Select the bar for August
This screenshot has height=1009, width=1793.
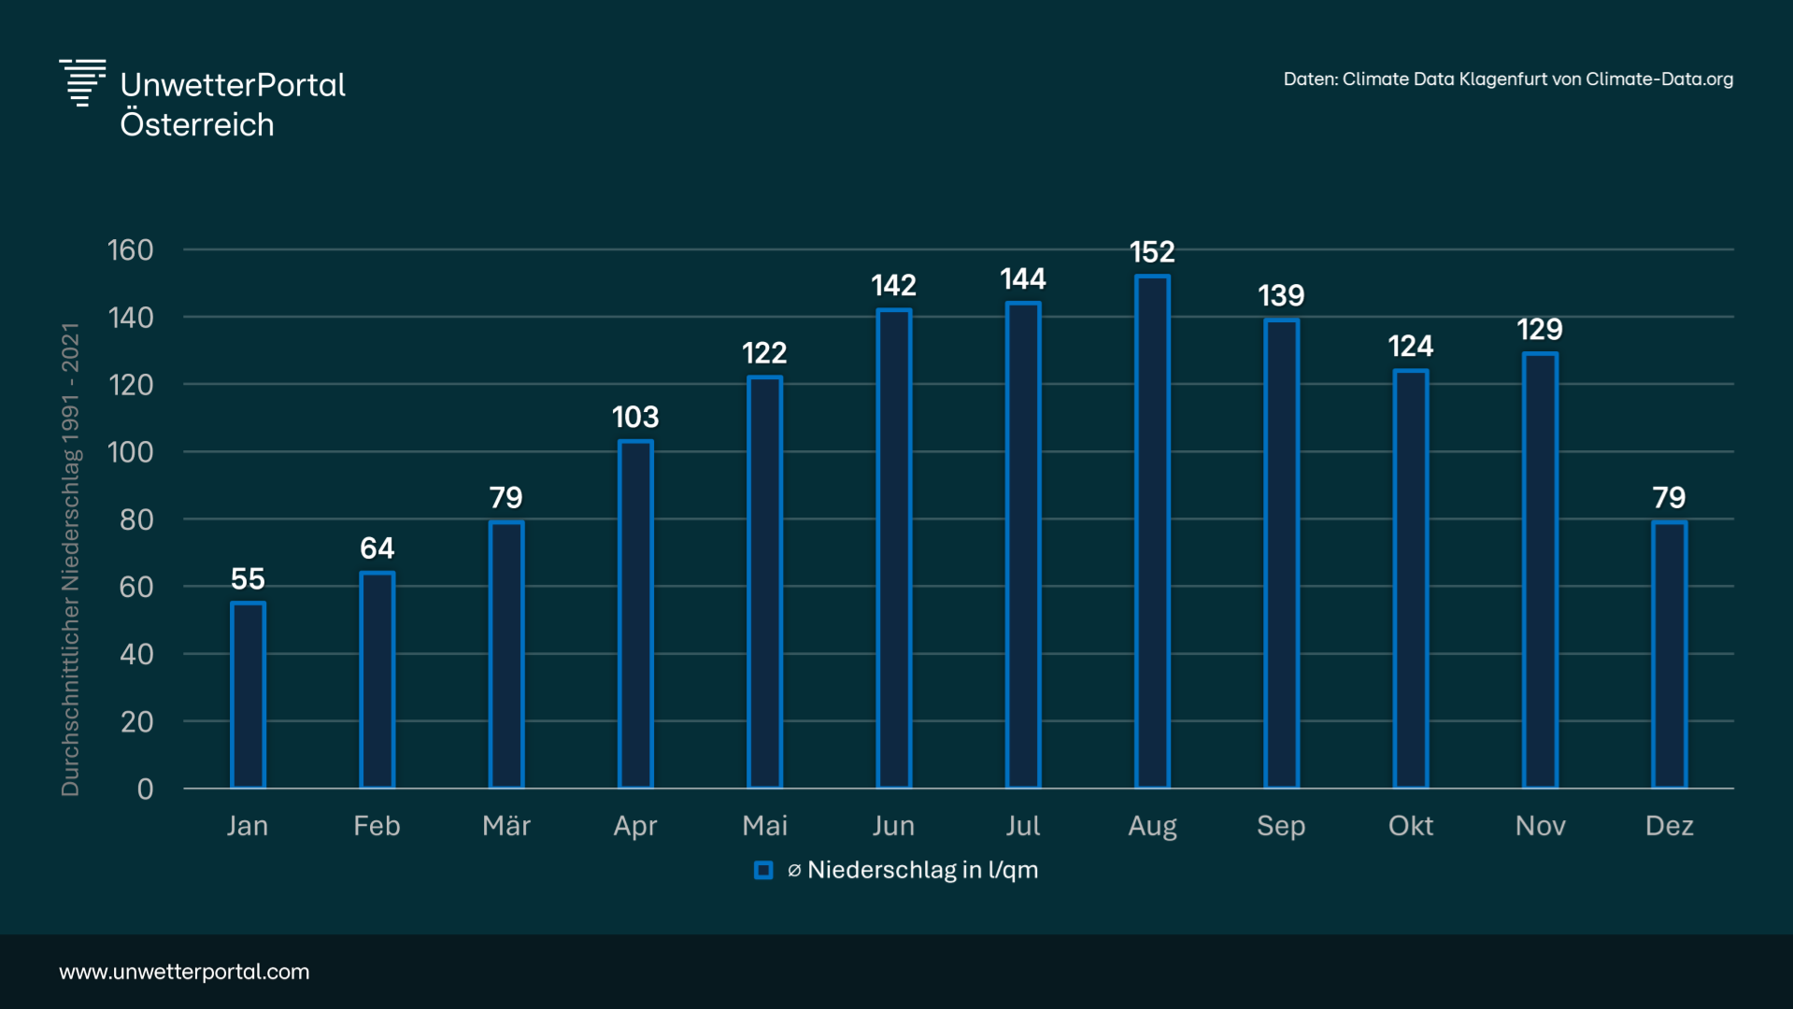point(1152,533)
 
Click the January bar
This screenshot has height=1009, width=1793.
point(248,696)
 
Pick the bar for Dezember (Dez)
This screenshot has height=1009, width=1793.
point(1669,655)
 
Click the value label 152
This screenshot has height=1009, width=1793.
point(1152,252)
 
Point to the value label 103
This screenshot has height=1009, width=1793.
point(635,417)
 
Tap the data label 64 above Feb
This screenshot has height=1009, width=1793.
point(377,548)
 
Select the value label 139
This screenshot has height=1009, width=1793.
point(1281,296)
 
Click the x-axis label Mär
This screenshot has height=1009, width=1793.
point(506,826)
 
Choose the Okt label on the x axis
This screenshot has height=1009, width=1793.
point(1410,826)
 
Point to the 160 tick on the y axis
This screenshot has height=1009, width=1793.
point(130,250)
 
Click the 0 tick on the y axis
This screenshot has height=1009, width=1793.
point(145,789)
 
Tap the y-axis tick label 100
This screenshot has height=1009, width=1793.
point(130,452)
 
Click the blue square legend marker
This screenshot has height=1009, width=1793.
point(763,871)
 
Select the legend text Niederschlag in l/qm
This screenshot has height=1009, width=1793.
point(922,871)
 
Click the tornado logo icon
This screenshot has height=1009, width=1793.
point(82,83)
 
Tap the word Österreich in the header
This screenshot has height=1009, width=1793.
point(197,125)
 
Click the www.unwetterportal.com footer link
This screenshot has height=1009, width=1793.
point(184,972)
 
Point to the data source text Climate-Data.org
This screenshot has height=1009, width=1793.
point(1658,79)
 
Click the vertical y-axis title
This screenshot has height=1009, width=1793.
point(70,559)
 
